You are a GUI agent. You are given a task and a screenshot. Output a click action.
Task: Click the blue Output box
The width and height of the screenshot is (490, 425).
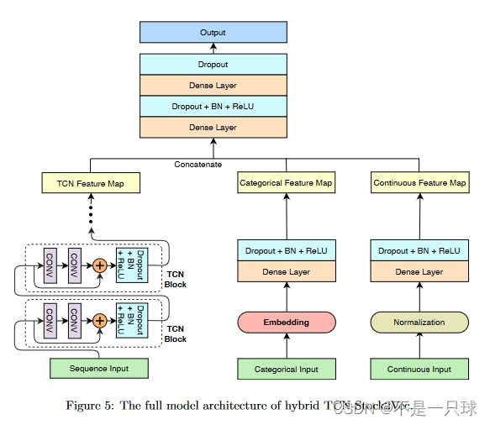click(213, 33)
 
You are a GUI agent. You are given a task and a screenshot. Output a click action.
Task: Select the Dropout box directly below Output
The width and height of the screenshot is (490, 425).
click(213, 64)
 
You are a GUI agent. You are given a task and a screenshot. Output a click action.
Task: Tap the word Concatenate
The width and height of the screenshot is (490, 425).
click(198, 164)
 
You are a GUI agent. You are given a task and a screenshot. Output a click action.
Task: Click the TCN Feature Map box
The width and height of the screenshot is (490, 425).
click(91, 182)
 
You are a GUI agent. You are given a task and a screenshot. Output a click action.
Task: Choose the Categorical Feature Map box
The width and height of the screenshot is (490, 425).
click(286, 182)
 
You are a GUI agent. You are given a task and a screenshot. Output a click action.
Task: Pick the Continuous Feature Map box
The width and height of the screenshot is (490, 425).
click(419, 182)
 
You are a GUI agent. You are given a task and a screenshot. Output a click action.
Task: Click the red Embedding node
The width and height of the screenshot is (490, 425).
click(286, 322)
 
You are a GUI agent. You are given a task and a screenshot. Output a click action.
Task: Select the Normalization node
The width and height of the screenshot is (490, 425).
click(419, 322)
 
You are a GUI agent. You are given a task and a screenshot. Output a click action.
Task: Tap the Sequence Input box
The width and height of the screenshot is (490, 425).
click(100, 368)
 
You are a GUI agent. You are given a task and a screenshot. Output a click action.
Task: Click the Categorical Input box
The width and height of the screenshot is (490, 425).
click(286, 369)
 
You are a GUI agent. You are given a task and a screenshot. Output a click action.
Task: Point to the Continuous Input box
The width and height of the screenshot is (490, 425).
click(419, 369)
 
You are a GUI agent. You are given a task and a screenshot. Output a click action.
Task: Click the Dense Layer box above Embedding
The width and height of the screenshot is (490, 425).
click(286, 272)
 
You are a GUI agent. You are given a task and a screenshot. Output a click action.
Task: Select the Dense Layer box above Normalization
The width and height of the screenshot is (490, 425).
click(419, 272)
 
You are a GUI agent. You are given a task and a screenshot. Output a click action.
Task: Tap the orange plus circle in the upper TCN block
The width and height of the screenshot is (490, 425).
click(100, 265)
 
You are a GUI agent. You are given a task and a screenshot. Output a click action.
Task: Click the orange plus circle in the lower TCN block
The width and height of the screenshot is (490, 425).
click(100, 319)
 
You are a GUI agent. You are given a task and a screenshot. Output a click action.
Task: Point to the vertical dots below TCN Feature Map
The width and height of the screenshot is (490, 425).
click(91, 214)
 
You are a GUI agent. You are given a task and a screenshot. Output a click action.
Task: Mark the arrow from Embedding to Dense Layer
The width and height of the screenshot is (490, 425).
click(286, 296)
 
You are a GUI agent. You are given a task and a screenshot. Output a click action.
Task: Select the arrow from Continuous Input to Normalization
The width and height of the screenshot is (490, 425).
click(419, 346)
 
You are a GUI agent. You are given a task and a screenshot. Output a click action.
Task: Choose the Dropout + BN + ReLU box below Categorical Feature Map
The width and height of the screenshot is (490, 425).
click(286, 251)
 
